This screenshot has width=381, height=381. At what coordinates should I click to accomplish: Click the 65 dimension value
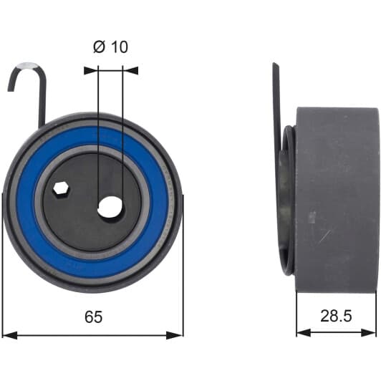pyautogui.click(x=94, y=317)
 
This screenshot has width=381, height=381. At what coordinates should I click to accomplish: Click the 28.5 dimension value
pyautogui.click(x=336, y=316)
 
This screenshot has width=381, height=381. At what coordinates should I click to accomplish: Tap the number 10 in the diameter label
pyautogui.click(x=120, y=47)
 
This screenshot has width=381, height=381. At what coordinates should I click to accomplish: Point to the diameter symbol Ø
pyautogui.click(x=99, y=47)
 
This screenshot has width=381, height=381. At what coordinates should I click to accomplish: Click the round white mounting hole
pyautogui.click(x=110, y=207)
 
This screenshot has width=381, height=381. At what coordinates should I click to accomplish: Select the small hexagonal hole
pyautogui.click(x=62, y=188)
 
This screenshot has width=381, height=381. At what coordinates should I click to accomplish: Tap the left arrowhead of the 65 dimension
pyautogui.click(x=10, y=335)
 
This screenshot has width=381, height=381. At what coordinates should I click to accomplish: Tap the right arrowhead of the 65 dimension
pyautogui.click(x=175, y=335)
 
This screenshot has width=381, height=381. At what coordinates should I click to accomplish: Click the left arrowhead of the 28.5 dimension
pyautogui.click(x=304, y=332)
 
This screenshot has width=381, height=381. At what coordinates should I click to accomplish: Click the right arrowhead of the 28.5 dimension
pyautogui.click(x=369, y=332)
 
